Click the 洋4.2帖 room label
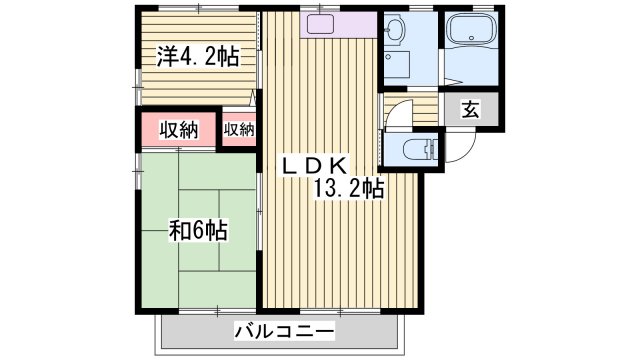(x=196, y=56)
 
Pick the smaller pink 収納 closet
(x=239, y=129)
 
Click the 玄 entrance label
(x=470, y=111)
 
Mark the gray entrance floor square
(x=470, y=111)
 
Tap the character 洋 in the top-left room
(x=165, y=56)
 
